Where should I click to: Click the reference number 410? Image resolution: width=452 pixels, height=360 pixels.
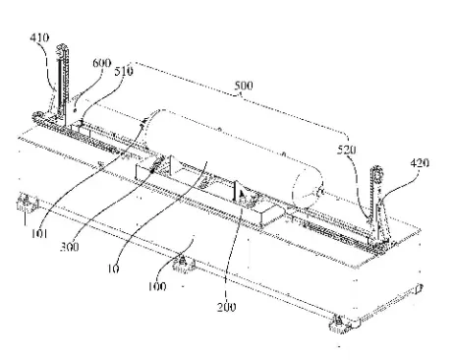tap(39, 37)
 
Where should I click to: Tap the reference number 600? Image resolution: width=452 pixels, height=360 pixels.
tap(102, 63)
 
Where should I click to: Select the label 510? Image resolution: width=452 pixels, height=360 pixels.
tap(124, 71)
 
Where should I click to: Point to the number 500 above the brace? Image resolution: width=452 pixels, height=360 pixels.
tap(244, 86)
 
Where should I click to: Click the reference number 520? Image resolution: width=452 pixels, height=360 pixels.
tap(347, 150)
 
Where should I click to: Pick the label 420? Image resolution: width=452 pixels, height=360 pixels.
tap(420, 163)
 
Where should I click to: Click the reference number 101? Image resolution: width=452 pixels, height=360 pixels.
tap(39, 233)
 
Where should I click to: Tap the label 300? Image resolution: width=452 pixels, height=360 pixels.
tap(70, 247)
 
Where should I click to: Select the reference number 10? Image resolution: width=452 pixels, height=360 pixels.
tap(113, 269)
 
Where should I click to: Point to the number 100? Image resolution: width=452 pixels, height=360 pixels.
tap(157, 286)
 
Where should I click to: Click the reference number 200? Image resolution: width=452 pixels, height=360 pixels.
tap(226, 307)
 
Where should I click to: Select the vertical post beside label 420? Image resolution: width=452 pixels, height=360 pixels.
tap(375, 204)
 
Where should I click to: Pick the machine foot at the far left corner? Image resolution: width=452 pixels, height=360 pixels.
tap(28, 204)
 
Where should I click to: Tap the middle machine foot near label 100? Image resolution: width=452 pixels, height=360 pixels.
tap(184, 265)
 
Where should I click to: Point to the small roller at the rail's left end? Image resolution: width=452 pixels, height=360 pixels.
tap(37, 116)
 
